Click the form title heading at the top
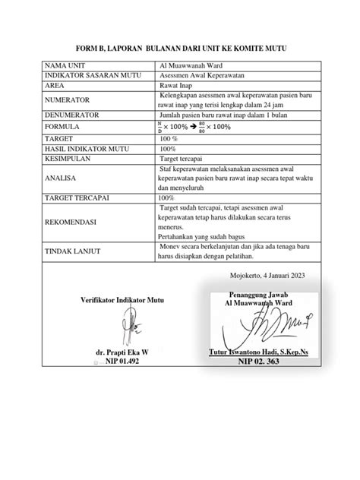180,49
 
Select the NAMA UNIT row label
65,66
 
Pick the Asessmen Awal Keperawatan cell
199,76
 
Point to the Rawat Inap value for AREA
177,86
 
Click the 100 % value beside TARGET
168,139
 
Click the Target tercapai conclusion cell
183,159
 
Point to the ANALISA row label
62,178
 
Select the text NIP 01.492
122,362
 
